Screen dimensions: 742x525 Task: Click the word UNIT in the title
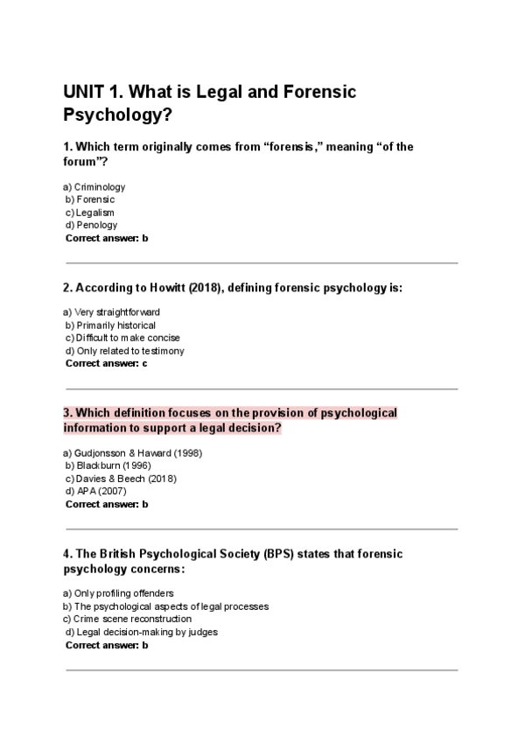(84, 92)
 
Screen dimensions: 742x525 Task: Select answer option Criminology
(99, 186)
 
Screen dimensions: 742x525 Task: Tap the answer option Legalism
(94, 212)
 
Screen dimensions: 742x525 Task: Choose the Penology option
(96, 225)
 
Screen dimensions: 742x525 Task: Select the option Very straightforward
(117, 312)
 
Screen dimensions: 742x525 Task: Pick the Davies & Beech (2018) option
(126, 479)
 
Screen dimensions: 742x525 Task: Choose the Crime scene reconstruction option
(132, 619)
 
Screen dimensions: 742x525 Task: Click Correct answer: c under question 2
(106, 363)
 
